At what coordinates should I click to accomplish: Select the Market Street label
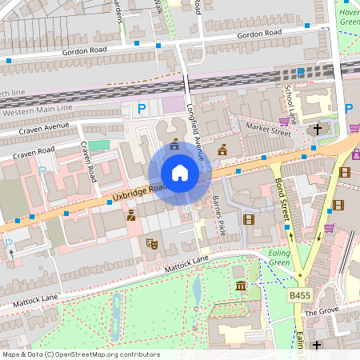[270, 128]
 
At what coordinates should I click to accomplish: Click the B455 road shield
[299, 296]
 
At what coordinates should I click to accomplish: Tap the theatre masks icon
[150, 242]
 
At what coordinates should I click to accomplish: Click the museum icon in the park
[241, 286]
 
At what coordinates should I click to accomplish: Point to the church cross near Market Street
[318, 129]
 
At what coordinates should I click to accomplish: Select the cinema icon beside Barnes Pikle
[248, 218]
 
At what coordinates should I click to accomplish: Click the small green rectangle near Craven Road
[98, 145]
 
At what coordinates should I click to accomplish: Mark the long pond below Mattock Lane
[197, 291]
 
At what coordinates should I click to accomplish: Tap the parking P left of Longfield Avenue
[142, 109]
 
